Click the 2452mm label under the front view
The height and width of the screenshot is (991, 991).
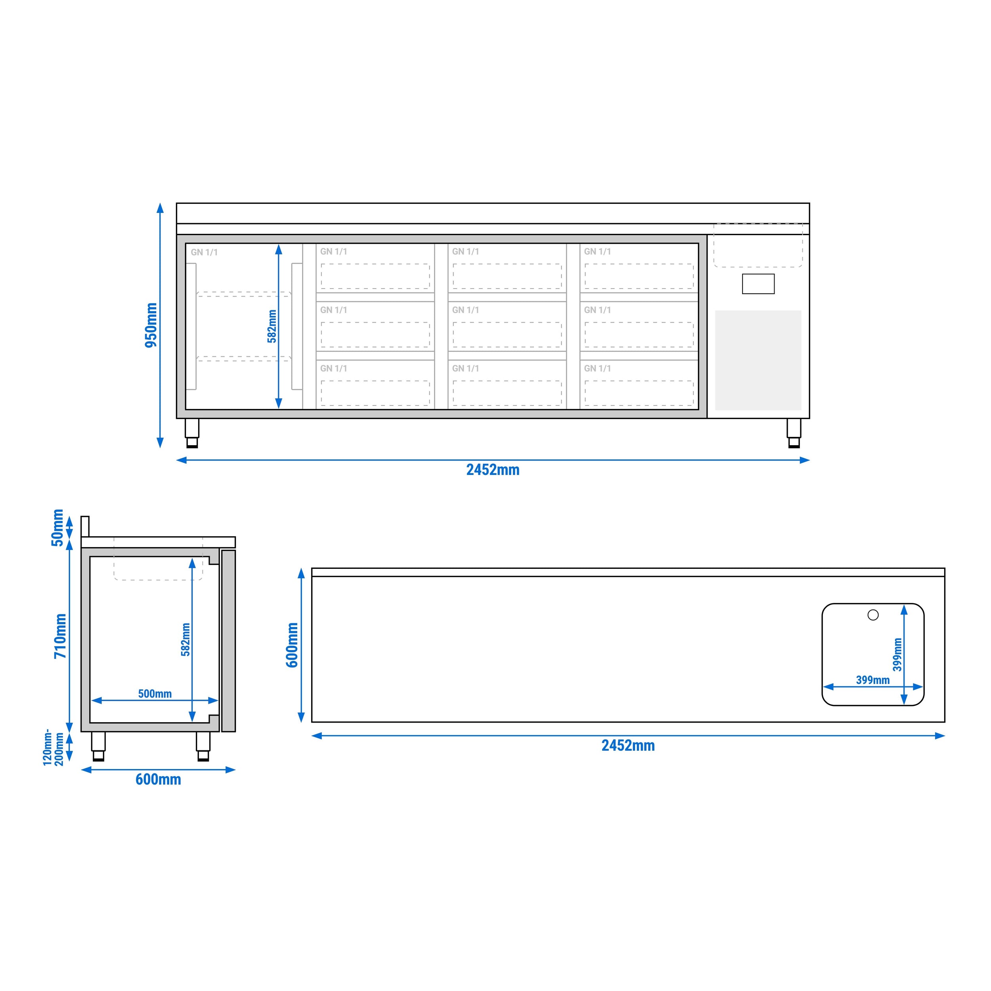pyautogui.click(x=492, y=470)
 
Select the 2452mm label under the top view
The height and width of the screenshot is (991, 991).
pyautogui.click(x=628, y=746)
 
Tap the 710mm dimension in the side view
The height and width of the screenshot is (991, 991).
pyautogui.click(x=61, y=636)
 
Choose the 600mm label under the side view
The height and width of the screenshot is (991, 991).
pyautogui.click(x=158, y=780)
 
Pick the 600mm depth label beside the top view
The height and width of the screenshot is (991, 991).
pyautogui.click(x=292, y=645)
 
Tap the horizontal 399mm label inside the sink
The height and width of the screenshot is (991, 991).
pyautogui.click(x=872, y=680)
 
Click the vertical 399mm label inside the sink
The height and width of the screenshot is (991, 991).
pyautogui.click(x=897, y=654)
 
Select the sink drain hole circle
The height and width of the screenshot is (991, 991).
pyautogui.click(x=873, y=614)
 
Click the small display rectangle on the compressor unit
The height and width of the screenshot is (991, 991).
pyautogui.click(x=758, y=284)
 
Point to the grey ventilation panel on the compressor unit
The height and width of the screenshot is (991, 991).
pyautogui.click(x=758, y=360)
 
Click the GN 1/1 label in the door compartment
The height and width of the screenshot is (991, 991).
pyautogui.click(x=204, y=253)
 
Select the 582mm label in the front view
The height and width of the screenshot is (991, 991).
pyautogui.click(x=272, y=326)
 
